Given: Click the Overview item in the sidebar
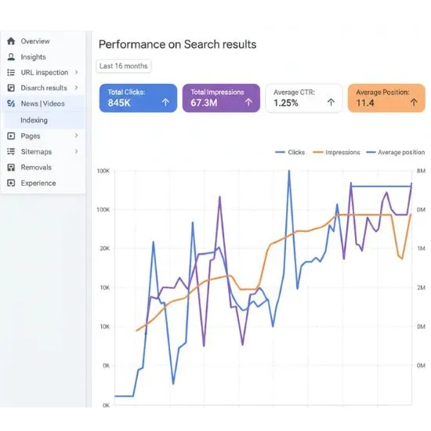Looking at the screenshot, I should point(34,41).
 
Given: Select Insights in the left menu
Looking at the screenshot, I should point(33,56).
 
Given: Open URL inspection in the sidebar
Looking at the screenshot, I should point(44,72).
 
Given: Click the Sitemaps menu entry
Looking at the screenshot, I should point(36,151).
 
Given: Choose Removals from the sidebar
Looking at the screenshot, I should point(36,167).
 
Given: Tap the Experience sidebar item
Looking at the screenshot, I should point(38,183).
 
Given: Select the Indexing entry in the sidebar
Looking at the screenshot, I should point(34,120).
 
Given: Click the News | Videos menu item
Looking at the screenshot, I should point(42,103).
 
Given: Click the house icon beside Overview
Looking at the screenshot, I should point(11,41).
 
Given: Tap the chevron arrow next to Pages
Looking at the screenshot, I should point(76,136).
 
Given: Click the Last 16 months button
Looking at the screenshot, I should point(123,67).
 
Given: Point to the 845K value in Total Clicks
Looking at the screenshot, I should point(119,103).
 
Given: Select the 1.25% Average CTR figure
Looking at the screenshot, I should point(286,103).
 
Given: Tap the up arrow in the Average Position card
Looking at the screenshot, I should point(412,102).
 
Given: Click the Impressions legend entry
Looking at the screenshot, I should point(338,153).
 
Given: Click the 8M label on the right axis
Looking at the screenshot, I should point(421,171).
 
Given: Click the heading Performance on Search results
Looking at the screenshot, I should point(177,45).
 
